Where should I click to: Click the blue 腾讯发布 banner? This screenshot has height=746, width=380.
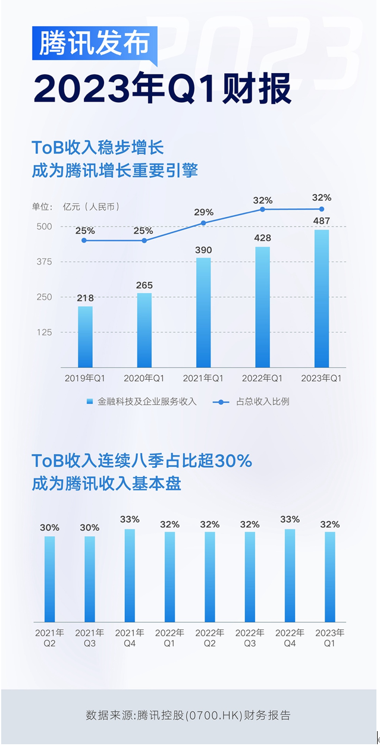95,43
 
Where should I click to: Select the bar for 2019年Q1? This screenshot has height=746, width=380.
85,336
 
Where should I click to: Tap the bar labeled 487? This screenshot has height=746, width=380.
322,298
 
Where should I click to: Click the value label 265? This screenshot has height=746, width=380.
145,285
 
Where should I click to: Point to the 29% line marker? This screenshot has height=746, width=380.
203,223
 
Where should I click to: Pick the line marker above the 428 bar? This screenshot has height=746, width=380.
262,209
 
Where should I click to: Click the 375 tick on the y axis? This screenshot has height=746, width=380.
44,262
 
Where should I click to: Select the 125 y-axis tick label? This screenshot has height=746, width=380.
44,332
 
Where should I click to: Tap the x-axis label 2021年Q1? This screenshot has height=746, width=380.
203,378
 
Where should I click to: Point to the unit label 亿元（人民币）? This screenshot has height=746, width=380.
91,207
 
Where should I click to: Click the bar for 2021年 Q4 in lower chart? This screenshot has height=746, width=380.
130,575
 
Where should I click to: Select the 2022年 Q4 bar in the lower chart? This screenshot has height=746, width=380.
290,575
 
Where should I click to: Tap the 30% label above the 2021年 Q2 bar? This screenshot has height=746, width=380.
49,527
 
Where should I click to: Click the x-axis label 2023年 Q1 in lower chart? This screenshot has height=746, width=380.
330,638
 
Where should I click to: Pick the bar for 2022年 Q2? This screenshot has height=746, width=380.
210,577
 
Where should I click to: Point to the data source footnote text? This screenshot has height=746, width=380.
189,715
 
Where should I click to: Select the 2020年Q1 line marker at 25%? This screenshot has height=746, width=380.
144,240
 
